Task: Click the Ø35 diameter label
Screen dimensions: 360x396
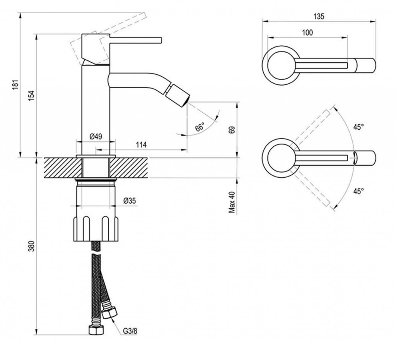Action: tap(130, 201)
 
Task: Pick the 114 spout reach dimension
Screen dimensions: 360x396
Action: tap(142, 145)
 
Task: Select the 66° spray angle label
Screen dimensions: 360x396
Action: tap(200, 127)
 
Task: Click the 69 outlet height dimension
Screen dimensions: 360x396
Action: tap(232, 130)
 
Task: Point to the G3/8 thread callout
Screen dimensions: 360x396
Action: tap(130, 331)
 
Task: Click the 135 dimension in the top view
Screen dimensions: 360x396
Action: tap(319, 17)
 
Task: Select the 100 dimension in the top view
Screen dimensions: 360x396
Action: tap(307, 33)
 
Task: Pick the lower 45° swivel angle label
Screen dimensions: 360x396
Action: tap(358, 191)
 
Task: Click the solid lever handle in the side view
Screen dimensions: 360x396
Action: tap(135, 40)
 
